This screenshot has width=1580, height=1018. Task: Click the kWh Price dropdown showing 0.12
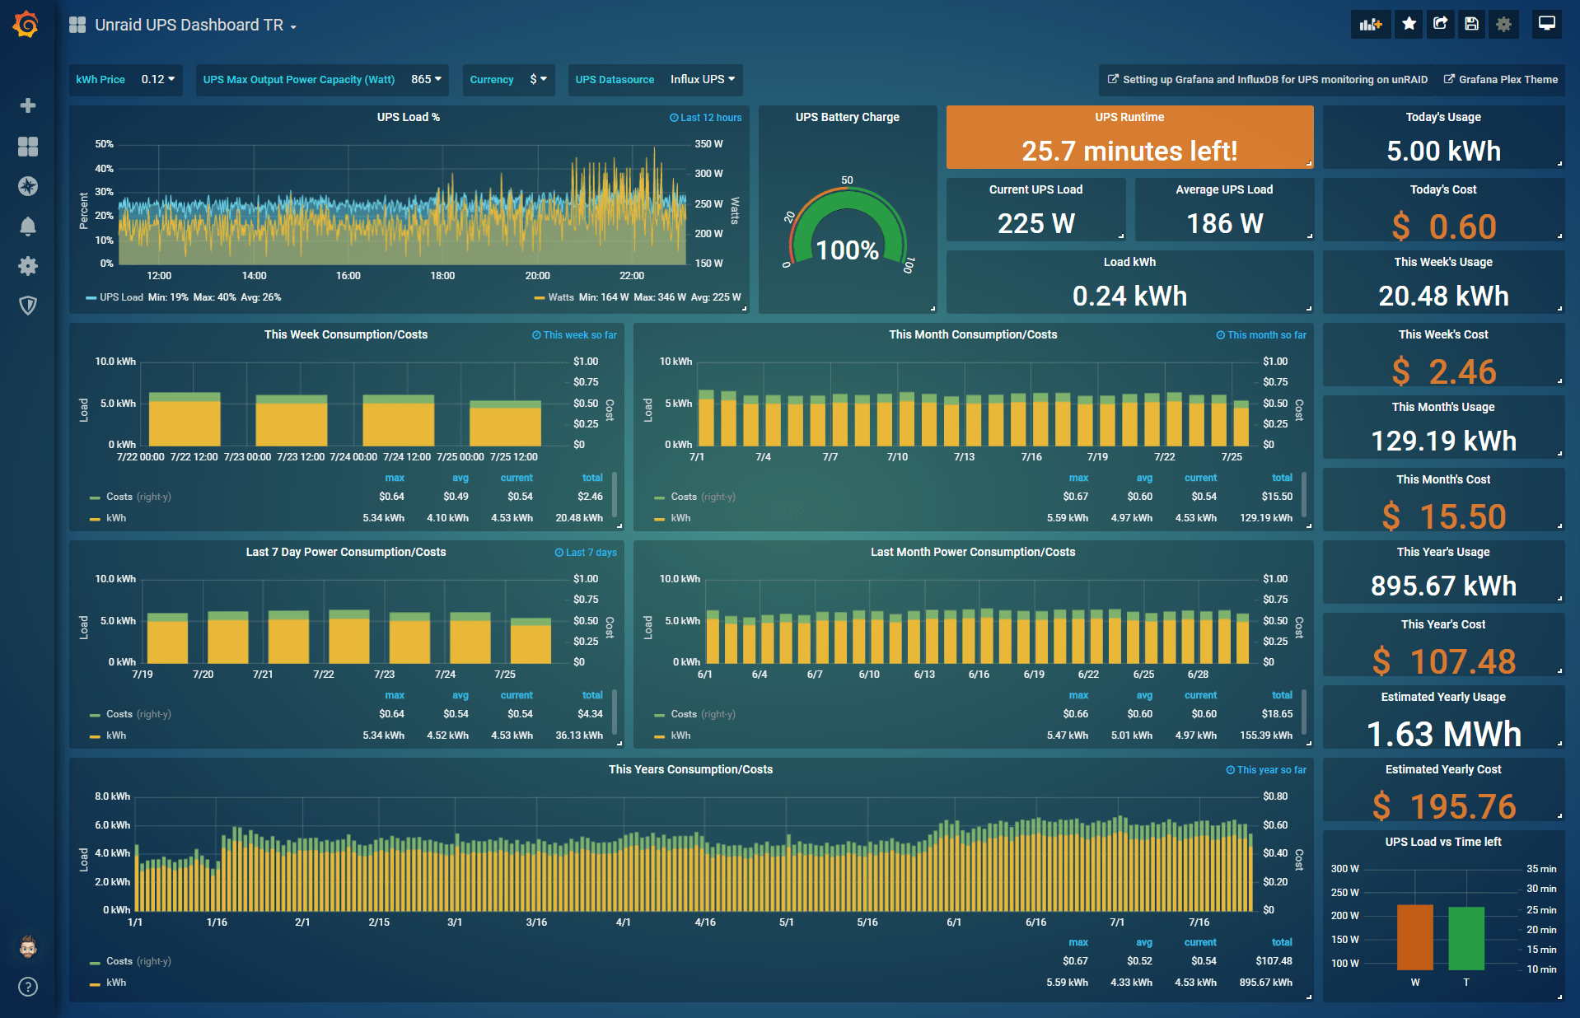(x=157, y=80)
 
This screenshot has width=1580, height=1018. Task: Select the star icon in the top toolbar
(x=1409, y=24)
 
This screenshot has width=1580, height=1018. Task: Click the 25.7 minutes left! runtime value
(x=1129, y=151)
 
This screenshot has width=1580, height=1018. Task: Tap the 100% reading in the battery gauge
(x=847, y=250)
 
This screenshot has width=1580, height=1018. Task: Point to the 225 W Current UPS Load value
(x=1035, y=223)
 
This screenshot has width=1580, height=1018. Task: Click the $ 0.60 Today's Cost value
(x=1443, y=226)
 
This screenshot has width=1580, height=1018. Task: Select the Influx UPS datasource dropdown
(x=702, y=80)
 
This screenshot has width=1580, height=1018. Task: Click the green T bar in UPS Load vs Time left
(x=1466, y=938)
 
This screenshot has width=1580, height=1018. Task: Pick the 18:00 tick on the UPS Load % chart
(x=442, y=276)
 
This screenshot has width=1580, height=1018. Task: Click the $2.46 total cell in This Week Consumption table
(x=590, y=497)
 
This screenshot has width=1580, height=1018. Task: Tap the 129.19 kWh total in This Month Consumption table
(x=1265, y=518)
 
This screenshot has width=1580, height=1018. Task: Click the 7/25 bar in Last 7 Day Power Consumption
(x=530, y=642)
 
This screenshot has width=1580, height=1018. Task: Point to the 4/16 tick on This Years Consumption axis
(x=705, y=922)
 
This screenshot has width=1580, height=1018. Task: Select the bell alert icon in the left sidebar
(x=28, y=226)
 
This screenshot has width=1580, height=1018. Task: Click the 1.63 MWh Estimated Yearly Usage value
(x=1443, y=734)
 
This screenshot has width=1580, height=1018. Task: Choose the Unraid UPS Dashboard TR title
(x=189, y=25)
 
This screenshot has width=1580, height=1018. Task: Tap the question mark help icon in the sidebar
(x=28, y=987)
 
